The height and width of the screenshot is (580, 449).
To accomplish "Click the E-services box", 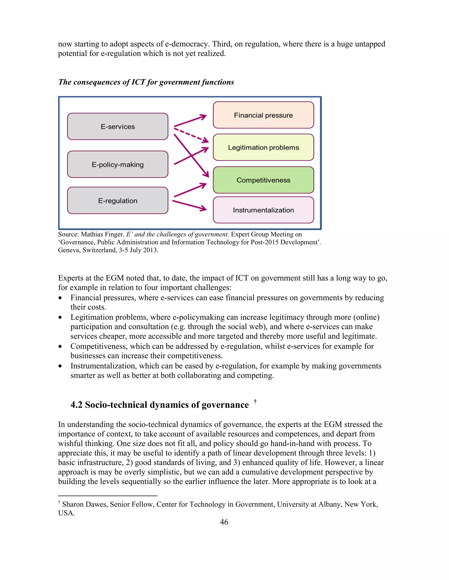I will [118, 127].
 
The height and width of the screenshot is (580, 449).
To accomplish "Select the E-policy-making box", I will [118, 164].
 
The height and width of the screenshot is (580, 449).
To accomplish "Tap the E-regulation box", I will [118, 200].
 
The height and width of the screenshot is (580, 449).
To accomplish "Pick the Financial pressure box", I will [263, 115].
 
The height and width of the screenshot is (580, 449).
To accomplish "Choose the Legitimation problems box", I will [263, 147].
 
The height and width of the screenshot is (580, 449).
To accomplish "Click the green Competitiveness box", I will [263, 180].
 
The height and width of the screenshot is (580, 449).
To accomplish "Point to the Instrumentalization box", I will [263, 210].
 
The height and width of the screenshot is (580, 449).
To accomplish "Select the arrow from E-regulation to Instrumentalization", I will [189, 205].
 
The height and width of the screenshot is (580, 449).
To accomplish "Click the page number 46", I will [224, 522].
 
